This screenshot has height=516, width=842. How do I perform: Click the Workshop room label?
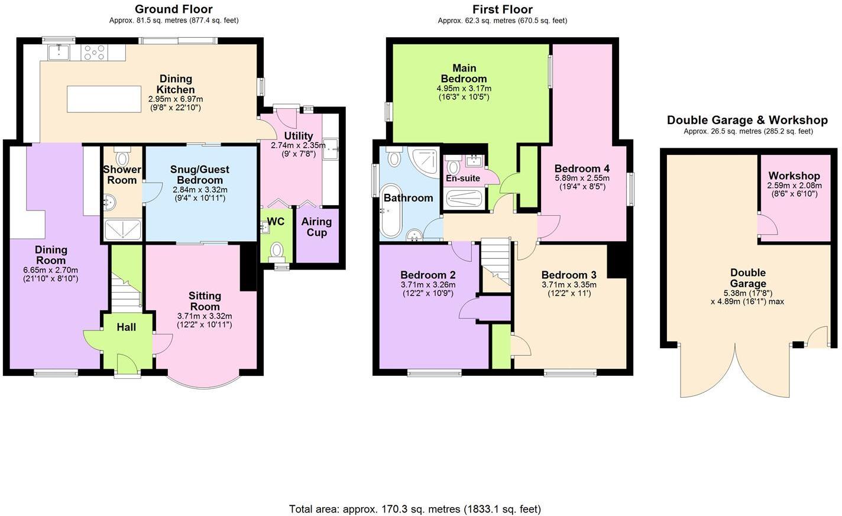click(x=794, y=176)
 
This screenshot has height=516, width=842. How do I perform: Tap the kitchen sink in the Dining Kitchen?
click(x=59, y=53)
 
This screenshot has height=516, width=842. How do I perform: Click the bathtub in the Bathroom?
click(x=391, y=219)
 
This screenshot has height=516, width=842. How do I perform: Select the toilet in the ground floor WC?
click(x=277, y=251)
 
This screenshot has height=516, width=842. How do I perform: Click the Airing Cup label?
click(x=316, y=227)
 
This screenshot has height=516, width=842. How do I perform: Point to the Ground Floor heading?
click(x=173, y=9)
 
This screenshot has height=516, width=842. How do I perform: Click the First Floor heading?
click(x=502, y=9)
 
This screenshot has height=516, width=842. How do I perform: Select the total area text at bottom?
click(x=414, y=509)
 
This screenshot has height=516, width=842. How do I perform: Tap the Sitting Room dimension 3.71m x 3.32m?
click(x=205, y=316)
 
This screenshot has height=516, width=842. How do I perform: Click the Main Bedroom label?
click(x=464, y=73)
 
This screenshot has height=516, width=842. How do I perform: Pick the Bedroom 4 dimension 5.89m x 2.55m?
click(x=582, y=178)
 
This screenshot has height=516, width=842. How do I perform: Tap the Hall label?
click(x=126, y=327)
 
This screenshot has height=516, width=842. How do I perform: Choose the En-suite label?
click(x=462, y=178)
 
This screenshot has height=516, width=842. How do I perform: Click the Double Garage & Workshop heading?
click(x=747, y=120)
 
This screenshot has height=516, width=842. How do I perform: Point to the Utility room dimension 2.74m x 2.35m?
click(x=298, y=145)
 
